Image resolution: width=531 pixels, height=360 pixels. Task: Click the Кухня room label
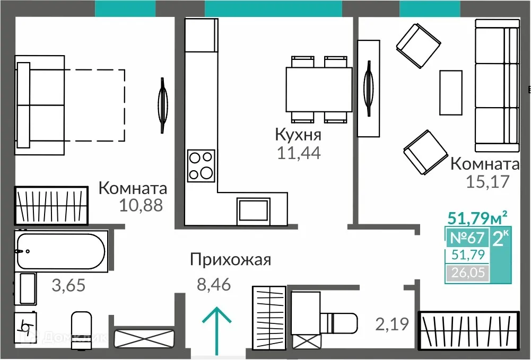pos(298,134)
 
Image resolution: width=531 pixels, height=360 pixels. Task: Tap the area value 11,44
pos(299,153)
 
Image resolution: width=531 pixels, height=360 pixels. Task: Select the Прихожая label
pos(231,260)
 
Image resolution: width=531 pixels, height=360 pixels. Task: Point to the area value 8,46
pos(213,285)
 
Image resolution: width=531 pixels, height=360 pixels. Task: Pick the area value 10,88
pos(141,205)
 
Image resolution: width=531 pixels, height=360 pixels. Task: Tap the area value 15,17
pos(488,182)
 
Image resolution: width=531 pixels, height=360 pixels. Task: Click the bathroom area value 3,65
pos(68,286)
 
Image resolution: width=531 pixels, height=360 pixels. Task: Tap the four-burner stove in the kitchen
pos(201,165)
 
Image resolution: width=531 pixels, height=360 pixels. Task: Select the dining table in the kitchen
pos(318,89)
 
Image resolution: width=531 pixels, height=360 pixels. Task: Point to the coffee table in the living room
pos(451,92)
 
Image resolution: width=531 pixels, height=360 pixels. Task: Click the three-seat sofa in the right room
pos(497,85)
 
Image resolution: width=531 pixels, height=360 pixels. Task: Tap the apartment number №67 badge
pos(467,238)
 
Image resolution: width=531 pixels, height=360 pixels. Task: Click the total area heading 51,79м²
pos(477,217)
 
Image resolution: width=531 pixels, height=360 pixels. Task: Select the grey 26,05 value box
pos(467,273)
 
